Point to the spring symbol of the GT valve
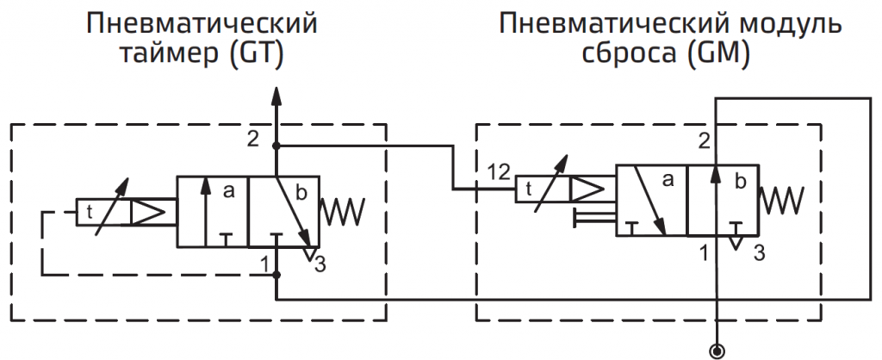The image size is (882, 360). (343, 208)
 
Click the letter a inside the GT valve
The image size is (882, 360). (228, 191)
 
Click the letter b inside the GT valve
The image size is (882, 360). (301, 191)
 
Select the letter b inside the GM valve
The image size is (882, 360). (740, 182)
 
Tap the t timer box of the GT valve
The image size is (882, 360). (87, 211)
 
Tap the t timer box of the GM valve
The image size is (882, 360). (527, 188)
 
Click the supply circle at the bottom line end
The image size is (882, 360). (715, 349)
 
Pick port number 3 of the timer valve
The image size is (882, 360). (320, 264)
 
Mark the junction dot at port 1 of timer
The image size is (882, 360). (276, 274)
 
